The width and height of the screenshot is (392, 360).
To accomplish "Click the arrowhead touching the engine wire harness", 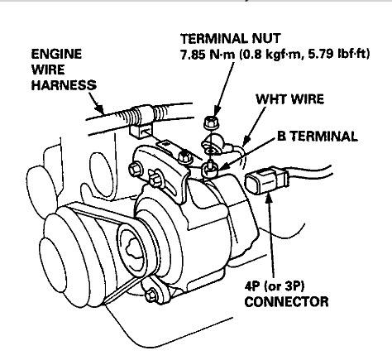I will pos(100,110).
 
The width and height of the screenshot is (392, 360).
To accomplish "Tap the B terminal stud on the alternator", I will pos(210,169).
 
